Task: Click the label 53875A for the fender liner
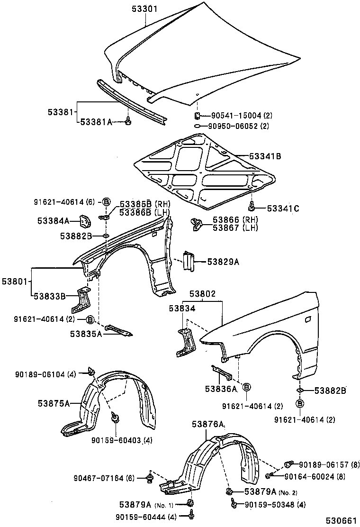[x=54, y=403]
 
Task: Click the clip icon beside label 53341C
[x=252, y=206]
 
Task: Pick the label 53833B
[x=50, y=296]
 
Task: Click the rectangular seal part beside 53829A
[x=189, y=262]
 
